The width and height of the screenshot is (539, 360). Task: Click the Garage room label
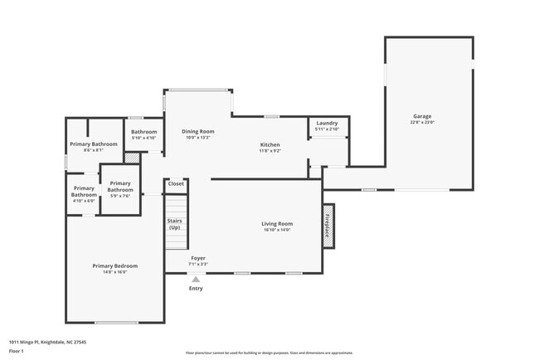(422, 116)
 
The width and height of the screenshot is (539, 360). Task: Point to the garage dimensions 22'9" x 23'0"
(422, 123)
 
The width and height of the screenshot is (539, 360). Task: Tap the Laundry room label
(328, 124)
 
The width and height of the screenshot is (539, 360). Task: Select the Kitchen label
(270, 145)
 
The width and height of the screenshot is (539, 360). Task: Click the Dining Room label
(198, 131)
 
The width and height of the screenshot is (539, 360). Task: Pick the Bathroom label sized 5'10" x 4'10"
(144, 132)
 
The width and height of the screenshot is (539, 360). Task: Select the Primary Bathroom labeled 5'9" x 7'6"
(120, 187)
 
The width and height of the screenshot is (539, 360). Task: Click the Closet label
(176, 183)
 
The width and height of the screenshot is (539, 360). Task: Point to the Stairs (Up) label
(174, 224)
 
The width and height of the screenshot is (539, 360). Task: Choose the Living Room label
(277, 224)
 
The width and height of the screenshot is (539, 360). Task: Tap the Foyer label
(198, 258)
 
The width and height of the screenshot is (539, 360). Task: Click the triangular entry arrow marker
(196, 279)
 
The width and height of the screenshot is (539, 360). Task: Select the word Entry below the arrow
(196, 289)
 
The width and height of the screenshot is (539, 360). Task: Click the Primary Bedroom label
(114, 265)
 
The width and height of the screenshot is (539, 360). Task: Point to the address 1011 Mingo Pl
(47, 341)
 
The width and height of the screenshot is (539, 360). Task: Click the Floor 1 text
(17, 351)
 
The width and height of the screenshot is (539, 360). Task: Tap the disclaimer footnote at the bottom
(269, 353)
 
